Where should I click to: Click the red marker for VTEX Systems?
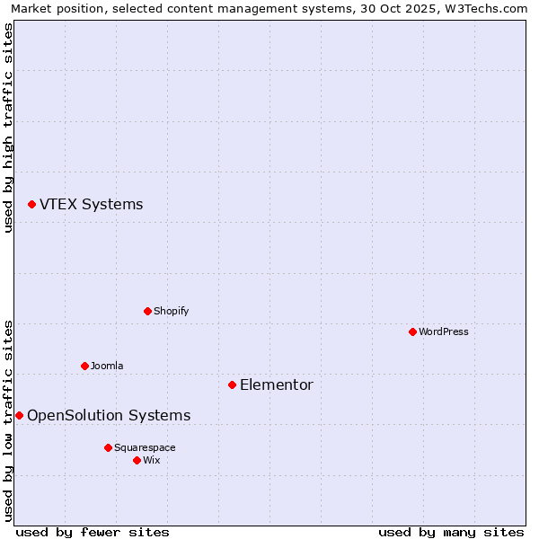point(31,205)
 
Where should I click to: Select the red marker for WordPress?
point(412,331)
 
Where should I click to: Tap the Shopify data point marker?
point(147,311)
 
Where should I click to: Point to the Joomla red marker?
point(84,366)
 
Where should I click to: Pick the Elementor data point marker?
point(232,384)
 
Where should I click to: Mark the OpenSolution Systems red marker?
point(19,415)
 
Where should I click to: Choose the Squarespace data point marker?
point(108,447)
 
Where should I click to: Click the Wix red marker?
point(137,460)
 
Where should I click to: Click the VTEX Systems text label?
point(91,205)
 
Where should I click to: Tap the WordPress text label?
point(444,331)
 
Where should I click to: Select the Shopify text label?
point(171,311)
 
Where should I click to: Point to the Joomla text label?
point(107,366)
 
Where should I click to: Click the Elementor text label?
point(276,385)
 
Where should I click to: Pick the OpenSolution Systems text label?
point(109,415)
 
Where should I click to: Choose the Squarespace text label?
point(145,447)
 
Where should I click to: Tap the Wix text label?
point(151,460)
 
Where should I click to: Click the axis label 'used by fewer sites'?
point(93,532)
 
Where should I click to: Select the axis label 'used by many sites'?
point(451,532)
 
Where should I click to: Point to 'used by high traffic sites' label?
point(8,128)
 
